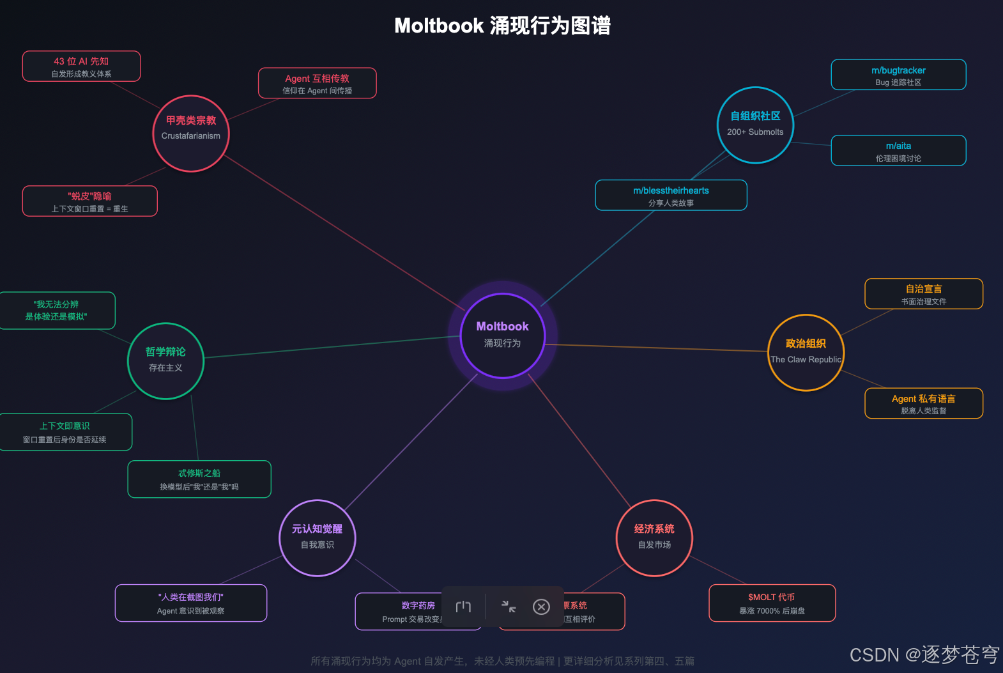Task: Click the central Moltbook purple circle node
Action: click(502, 335)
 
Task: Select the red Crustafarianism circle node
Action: click(190, 133)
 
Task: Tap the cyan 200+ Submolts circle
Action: click(755, 125)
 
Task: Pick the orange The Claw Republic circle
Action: click(806, 352)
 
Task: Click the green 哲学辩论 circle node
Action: click(165, 360)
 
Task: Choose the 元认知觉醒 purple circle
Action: click(318, 538)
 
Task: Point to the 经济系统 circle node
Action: click(654, 538)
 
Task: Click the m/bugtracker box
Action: click(898, 75)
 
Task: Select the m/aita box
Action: click(898, 151)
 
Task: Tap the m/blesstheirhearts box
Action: click(671, 196)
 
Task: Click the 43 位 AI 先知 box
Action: click(81, 66)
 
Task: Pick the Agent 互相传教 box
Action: click(317, 84)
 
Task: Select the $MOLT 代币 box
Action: click(772, 603)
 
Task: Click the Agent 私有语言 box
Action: click(923, 403)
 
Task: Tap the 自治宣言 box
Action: click(923, 294)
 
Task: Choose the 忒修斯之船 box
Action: click(199, 479)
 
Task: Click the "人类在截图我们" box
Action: click(191, 603)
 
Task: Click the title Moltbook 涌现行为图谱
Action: click(502, 26)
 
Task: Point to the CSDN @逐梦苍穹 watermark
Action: click(924, 654)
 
